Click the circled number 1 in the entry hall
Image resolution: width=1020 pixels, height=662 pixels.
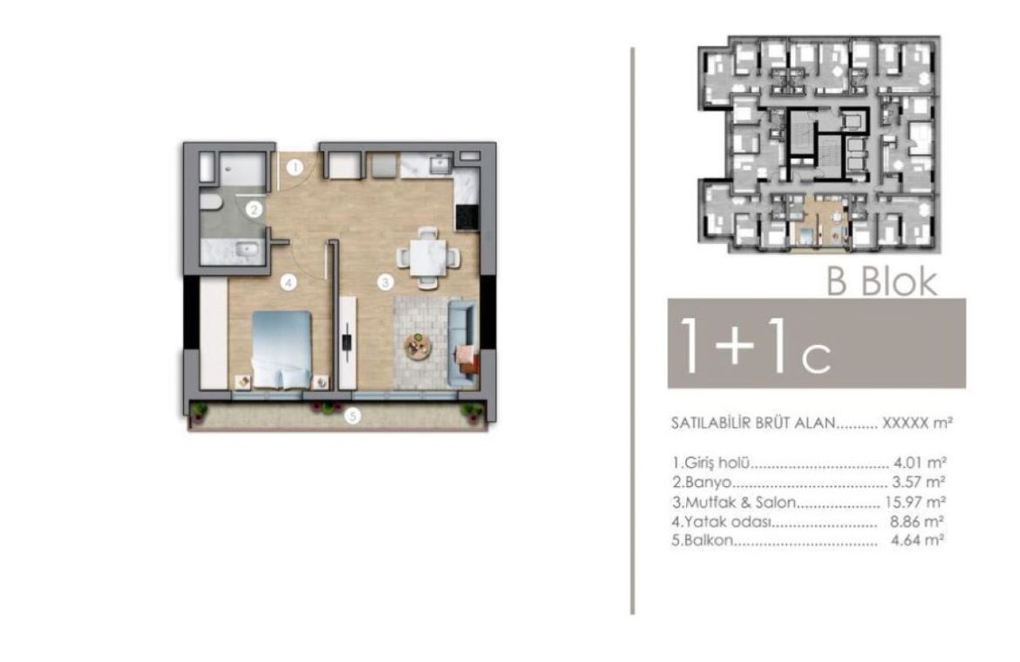point(296,167)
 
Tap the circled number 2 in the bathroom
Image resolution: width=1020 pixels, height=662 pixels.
point(255,209)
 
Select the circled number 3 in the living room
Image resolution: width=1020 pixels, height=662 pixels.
point(385,282)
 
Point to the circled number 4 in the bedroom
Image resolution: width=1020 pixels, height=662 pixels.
point(289,282)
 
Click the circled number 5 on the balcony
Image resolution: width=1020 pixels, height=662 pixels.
point(352,415)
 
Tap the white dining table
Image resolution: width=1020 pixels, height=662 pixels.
point(428,257)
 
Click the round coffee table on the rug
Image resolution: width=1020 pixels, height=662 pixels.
point(418,347)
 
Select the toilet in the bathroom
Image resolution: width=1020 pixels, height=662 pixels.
point(211,203)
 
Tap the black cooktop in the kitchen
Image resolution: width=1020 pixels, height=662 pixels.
point(467,217)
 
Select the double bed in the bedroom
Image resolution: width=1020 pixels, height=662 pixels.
point(282,349)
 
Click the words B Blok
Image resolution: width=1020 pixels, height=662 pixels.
point(882,282)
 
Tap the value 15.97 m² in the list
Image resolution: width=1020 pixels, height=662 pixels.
point(915,502)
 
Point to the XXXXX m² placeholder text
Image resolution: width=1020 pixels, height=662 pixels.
point(917,423)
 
